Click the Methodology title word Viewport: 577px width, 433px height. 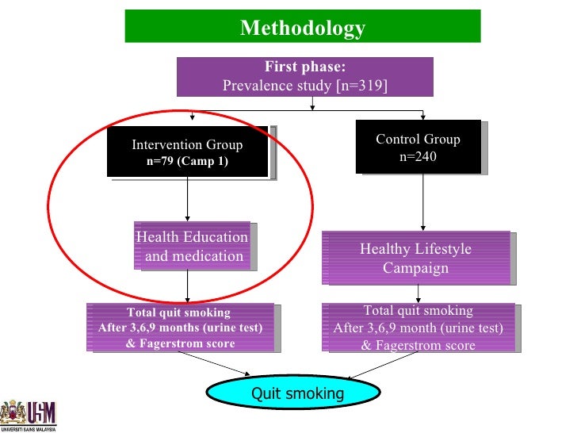[x=302, y=29]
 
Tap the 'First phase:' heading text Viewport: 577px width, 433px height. [x=304, y=67]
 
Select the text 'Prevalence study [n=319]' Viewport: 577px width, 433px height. [x=304, y=85]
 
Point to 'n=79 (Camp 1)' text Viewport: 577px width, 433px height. [x=187, y=161]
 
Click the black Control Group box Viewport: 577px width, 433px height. [x=418, y=147]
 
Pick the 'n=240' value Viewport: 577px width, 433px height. [x=418, y=156]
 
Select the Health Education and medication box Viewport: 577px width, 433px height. [x=193, y=247]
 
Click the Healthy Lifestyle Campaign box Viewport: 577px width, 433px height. [x=415, y=258]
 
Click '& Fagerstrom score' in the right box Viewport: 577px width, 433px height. [x=418, y=345]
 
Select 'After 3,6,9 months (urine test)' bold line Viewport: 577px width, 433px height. [x=180, y=328]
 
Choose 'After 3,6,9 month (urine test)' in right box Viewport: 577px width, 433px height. [x=418, y=328]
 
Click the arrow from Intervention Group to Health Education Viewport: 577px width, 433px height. [x=187, y=198]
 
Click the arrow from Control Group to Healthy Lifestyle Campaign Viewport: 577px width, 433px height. [x=422, y=201]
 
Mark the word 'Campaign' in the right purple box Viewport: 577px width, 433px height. [x=415, y=268]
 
